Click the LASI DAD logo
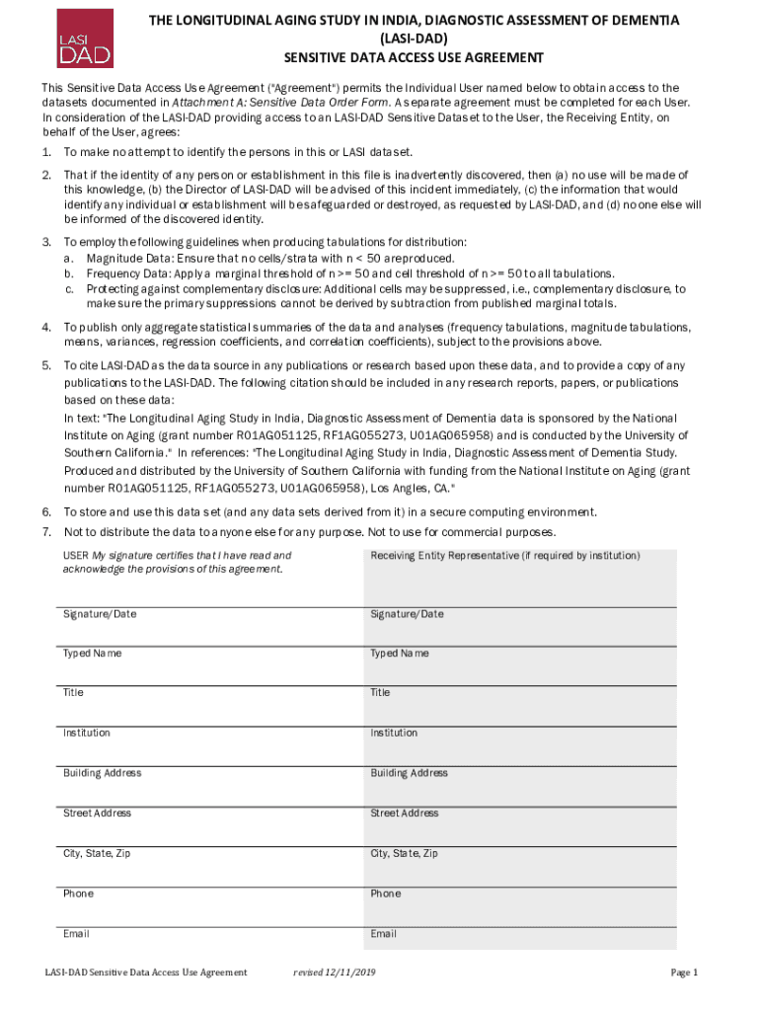[84, 38]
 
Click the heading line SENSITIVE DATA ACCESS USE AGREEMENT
[414, 57]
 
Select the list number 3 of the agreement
[46, 242]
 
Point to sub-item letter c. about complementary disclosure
[70, 288]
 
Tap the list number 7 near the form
[46, 532]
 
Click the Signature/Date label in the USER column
[100, 614]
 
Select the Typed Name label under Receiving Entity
[400, 654]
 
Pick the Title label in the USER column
[74, 693]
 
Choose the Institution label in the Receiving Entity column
[394, 733]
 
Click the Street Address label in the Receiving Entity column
[405, 814]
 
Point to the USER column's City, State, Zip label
[97, 853]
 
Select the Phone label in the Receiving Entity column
[386, 894]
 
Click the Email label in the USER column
[76, 934]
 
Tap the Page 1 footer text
[684, 972]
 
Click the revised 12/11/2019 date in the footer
[335, 972]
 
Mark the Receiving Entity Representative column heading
[505, 556]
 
